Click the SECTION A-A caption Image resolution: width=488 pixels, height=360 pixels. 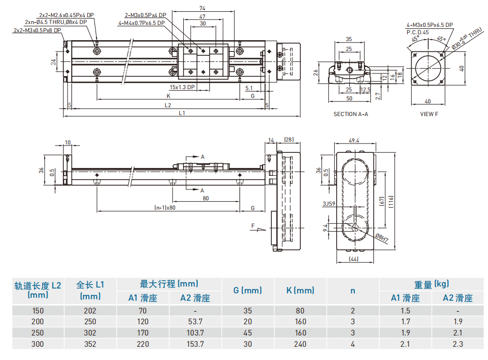[350, 114]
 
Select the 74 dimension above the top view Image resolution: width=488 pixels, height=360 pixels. [202, 8]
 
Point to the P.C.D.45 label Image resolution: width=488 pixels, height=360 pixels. [417, 32]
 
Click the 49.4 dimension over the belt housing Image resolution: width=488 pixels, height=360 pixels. [354, 141]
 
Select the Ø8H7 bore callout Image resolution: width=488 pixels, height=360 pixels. [381, 239]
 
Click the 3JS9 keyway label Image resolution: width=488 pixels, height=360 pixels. [328, 203]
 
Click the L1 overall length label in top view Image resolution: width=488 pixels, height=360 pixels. [182, 113]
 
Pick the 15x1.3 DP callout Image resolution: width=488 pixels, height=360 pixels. [182, 87]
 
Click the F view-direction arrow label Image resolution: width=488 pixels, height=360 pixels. [253, 226]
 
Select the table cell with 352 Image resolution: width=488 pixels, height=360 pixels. [90, 344]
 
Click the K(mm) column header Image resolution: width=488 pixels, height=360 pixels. [300, 290]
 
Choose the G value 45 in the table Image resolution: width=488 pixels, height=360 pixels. [247, 333]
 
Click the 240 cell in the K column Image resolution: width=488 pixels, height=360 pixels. [300, 344]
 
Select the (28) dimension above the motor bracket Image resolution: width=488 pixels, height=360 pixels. [289, 140]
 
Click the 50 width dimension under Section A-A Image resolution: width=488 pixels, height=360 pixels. [348, 98]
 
